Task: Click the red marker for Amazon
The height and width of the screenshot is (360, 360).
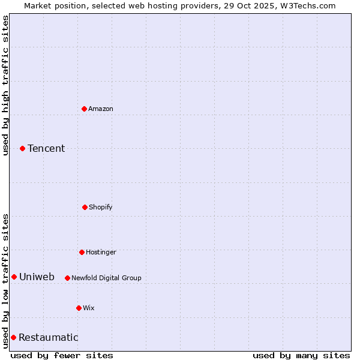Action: (85, 109)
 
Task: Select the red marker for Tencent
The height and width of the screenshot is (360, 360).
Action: (22, 148)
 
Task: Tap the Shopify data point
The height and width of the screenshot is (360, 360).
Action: (85, 207)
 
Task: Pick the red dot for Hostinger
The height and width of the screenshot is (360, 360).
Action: (82, 252)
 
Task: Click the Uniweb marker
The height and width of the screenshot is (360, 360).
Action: (14, 277)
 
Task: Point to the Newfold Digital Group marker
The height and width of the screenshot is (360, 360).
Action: (67, 278)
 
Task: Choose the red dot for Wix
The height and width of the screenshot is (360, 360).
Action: (79, 308)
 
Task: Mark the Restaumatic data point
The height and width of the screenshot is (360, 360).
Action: (13, 337)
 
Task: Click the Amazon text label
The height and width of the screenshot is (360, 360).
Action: (101, 109)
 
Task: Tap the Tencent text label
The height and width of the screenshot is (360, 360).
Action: (46, 148)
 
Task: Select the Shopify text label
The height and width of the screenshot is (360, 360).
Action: (101, 207)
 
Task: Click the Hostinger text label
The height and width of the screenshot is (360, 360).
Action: (101, 252)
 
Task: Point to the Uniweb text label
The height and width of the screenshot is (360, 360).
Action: (37, 277)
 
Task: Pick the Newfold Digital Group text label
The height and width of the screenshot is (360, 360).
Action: (106, 278)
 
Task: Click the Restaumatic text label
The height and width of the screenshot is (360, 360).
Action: (48, 337)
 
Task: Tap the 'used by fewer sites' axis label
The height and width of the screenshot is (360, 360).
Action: (62, 355)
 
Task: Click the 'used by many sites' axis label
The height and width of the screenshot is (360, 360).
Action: (301, 355)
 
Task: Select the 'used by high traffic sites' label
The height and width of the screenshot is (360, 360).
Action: (5, 85)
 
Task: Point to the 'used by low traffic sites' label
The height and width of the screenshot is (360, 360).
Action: (5, 281)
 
